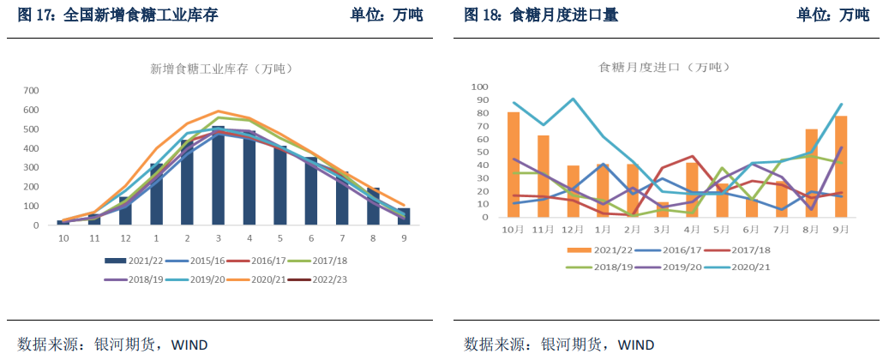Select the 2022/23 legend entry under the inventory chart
coord(327,279)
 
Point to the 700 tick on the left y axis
coord(31,90)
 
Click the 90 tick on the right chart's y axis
coord(480,100)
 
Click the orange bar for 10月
coord(514,165)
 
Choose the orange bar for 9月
coord(841,166)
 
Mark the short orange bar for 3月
coord(663,210)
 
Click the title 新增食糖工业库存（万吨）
coord(218,68)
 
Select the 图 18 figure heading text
coord(540,15)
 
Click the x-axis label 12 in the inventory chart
coord(125,237)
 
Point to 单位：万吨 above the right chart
coord(832,15)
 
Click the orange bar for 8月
coord(811,173)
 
